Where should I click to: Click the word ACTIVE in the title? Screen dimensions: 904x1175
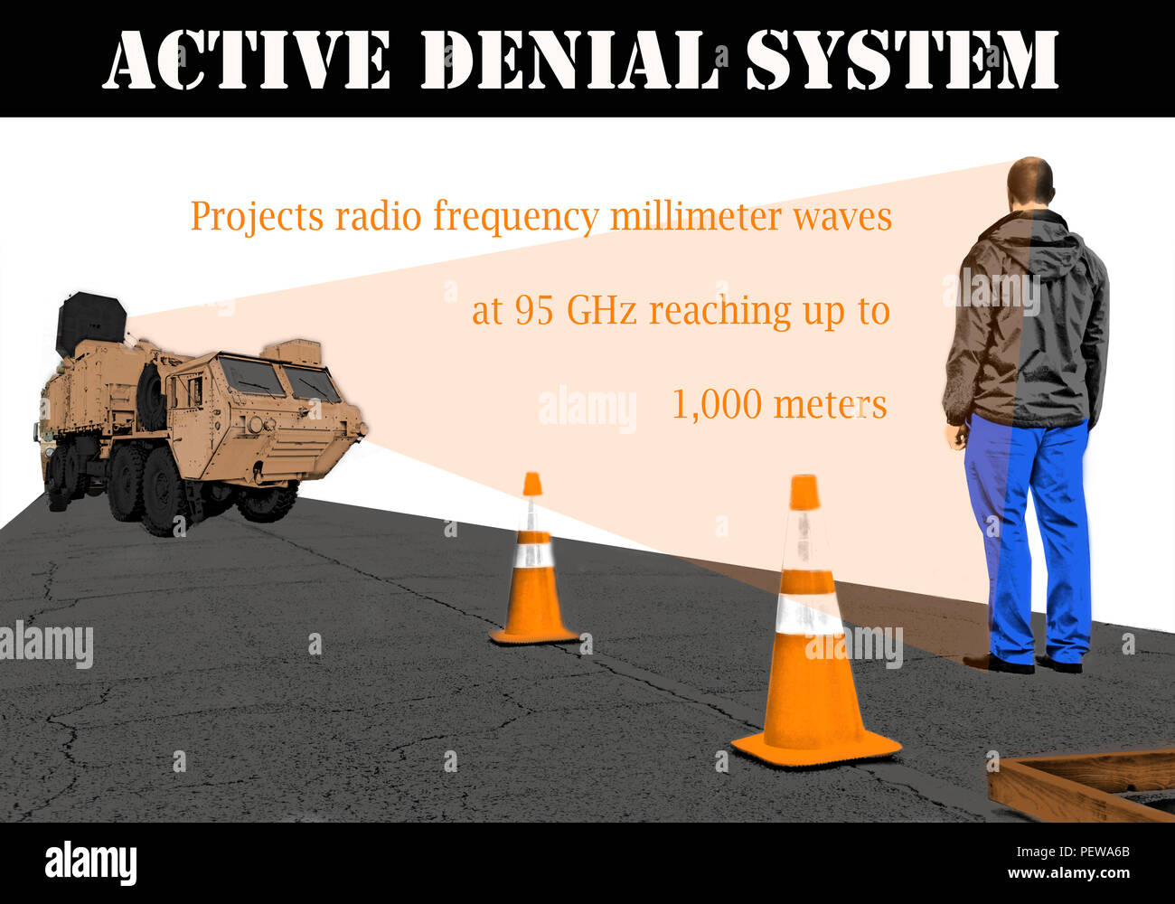[246, 60]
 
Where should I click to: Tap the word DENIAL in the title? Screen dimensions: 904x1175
[569, 60]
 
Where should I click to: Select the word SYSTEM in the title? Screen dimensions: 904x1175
[902, 60]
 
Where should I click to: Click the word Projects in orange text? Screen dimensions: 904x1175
[257, 217]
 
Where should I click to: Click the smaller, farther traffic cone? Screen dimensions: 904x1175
[532, 570]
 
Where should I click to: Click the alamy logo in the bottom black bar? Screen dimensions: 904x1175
[90, 862]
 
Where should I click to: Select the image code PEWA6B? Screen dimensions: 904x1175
[1097, 852]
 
